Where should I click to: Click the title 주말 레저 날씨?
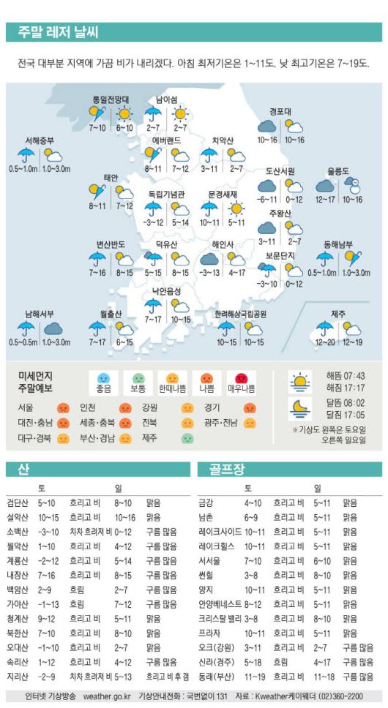tap(58, 32)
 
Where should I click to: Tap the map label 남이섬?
tap(166, 99)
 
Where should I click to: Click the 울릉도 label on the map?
tap(338, 170)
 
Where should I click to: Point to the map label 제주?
tap(338, 314)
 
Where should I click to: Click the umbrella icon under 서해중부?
tap(26, 155)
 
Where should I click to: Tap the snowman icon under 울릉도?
tap(352, 185)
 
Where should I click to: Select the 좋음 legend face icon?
tap(103, 379)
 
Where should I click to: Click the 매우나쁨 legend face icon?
tap(242, 379)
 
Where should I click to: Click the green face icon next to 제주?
tap(187, 439)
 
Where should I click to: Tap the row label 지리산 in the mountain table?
tap(18, 676)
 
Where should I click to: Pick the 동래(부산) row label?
tap(215, 676)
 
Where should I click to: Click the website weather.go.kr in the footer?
tap(107, 696)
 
